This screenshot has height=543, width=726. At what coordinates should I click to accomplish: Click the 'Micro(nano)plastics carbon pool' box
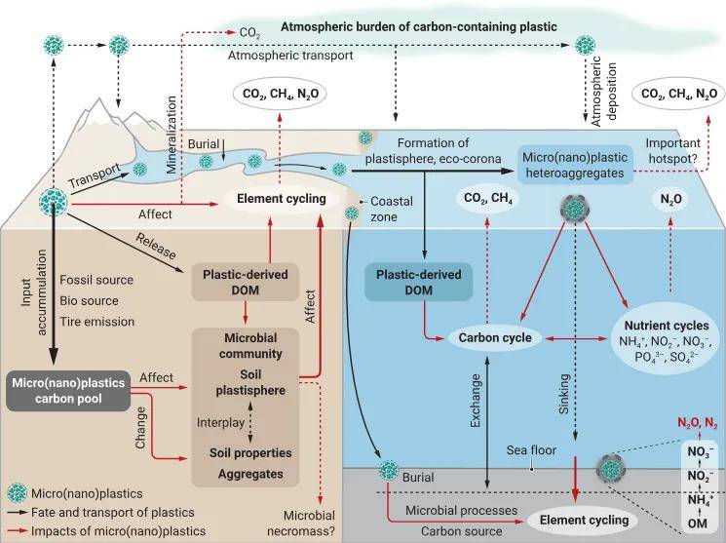[x=67, y=389]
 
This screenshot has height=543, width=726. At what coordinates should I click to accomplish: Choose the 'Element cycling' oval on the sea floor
[x=579, y=521]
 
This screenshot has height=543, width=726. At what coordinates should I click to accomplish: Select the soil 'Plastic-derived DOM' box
[x=245, y=284]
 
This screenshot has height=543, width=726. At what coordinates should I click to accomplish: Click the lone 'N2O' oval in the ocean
[x=672, y=199]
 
